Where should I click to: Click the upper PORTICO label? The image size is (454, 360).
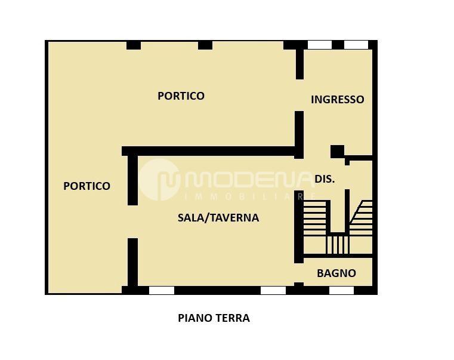pyautogui.click(x=181, y=96)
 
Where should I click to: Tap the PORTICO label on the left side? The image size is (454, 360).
pyautogui.click(x=87, y=186)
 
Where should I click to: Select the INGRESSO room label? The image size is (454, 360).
pyautogui.click(x=337, y=100)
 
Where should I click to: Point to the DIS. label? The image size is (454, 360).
pyautogui.click(x=325, y=179)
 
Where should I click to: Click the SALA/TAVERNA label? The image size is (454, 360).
pyautogui.click(x=218, y=217)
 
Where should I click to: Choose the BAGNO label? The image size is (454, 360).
pyautogui.click(x=336, y=273)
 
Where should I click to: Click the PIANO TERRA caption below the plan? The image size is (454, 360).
pyautogui.click(x=214, y=318)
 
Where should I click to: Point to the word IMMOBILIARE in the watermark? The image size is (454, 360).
pyautogui.click(x=251, y=196)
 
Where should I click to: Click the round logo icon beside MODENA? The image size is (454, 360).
pyautogui.click(x=159, y=179)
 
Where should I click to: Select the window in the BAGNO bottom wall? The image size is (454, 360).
pyautogui.click(x=341, y=291)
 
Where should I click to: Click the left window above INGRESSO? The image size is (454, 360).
pyautogui.click(x=319, y=45)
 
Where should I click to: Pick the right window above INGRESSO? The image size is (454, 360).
pyautogui.click(x=356, y=45)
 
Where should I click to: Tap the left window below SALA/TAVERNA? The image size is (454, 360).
pyautogui.click(x=161, y=291)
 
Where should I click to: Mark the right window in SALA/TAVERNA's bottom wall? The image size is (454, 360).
pyautogui.click(x=273, y=291)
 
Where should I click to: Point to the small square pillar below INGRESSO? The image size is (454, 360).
pyautogui.click(x=337, y=151)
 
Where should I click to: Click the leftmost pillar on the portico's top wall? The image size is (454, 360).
pyautogui.click(x=133, y=45)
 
